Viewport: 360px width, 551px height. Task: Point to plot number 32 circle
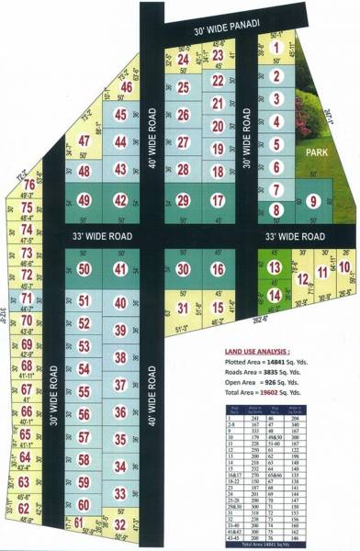click(119, 524)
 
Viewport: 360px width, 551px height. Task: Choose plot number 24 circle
click(184, 61)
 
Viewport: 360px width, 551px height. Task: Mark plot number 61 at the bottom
click(79, 523)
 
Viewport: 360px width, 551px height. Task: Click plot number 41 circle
click(119, 268)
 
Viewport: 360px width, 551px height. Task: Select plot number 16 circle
click(218, 268)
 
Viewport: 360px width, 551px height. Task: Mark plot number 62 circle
click(25, 507)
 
